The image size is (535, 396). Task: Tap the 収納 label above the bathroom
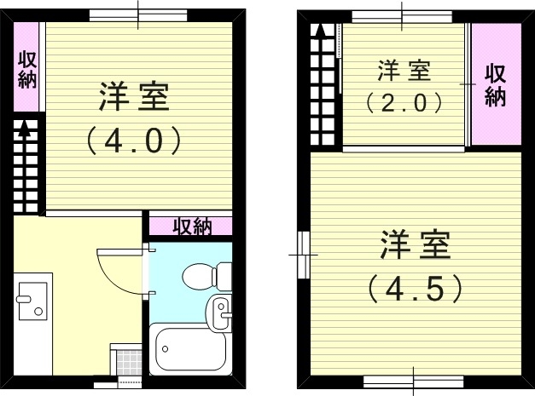192,227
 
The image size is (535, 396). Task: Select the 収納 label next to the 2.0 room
495,85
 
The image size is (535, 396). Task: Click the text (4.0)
135,141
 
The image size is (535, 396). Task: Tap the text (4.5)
416,287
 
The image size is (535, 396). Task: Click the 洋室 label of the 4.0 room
135,98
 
